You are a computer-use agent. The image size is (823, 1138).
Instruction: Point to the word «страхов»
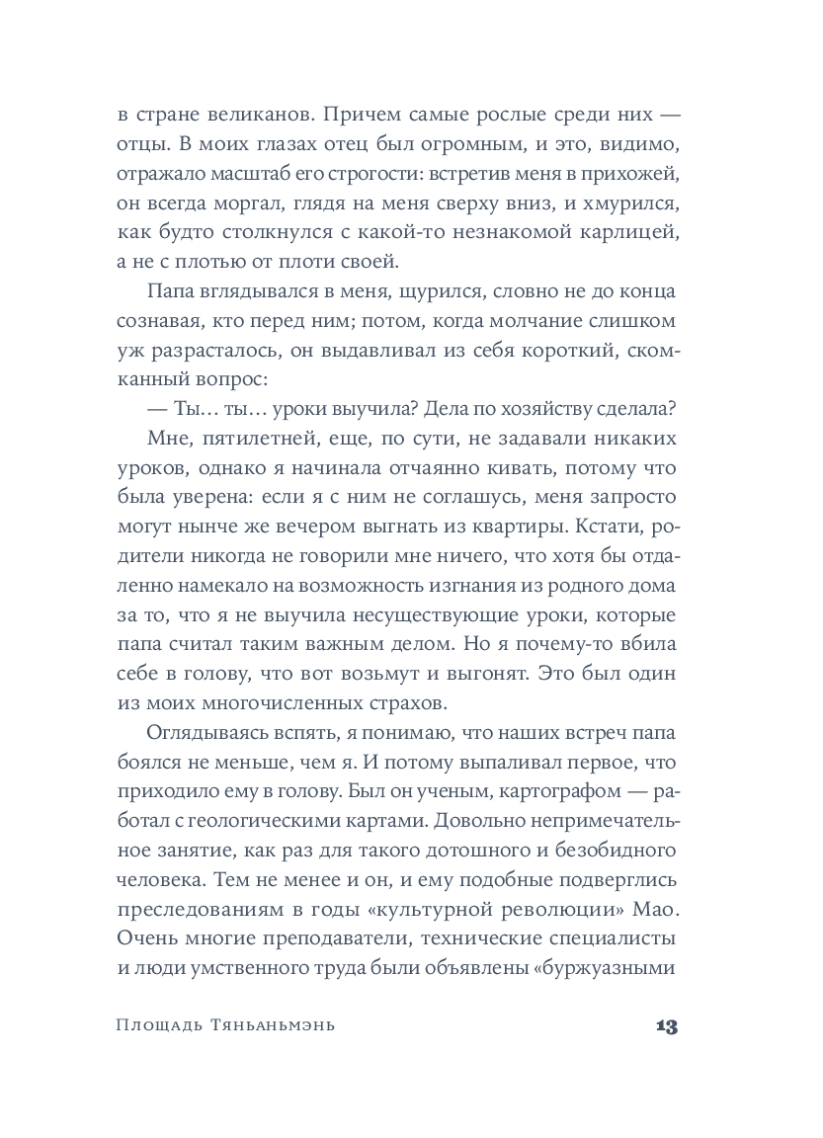coord(405,705)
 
